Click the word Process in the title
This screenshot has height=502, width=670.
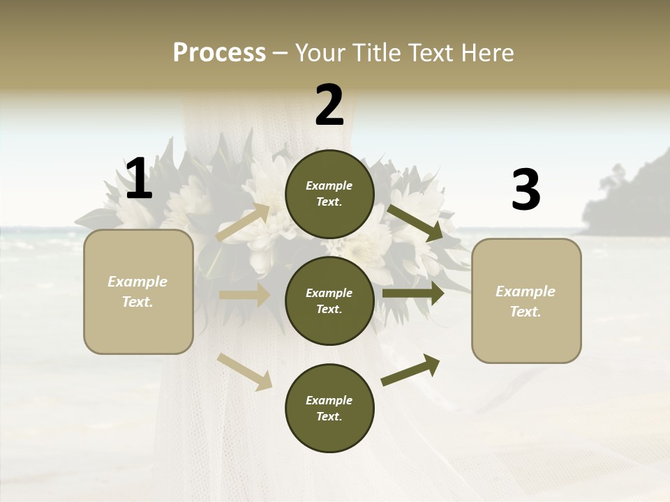[x=219, y=53]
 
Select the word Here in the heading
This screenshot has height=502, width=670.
[x=488, y=53]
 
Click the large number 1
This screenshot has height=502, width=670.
[x=139, y=179]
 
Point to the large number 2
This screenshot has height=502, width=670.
[x=329, y=105]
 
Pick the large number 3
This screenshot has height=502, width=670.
[x=526, y=190]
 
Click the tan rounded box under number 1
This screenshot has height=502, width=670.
[x=138, y=291]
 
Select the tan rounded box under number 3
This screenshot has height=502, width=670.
[x=526, y=301]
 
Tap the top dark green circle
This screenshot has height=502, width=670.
[x=329, y=194]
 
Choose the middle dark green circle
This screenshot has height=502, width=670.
[x=329, y=301]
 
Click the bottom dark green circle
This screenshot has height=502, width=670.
[x=329, y=408]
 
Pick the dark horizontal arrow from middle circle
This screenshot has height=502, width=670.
[x=413, y=294]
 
